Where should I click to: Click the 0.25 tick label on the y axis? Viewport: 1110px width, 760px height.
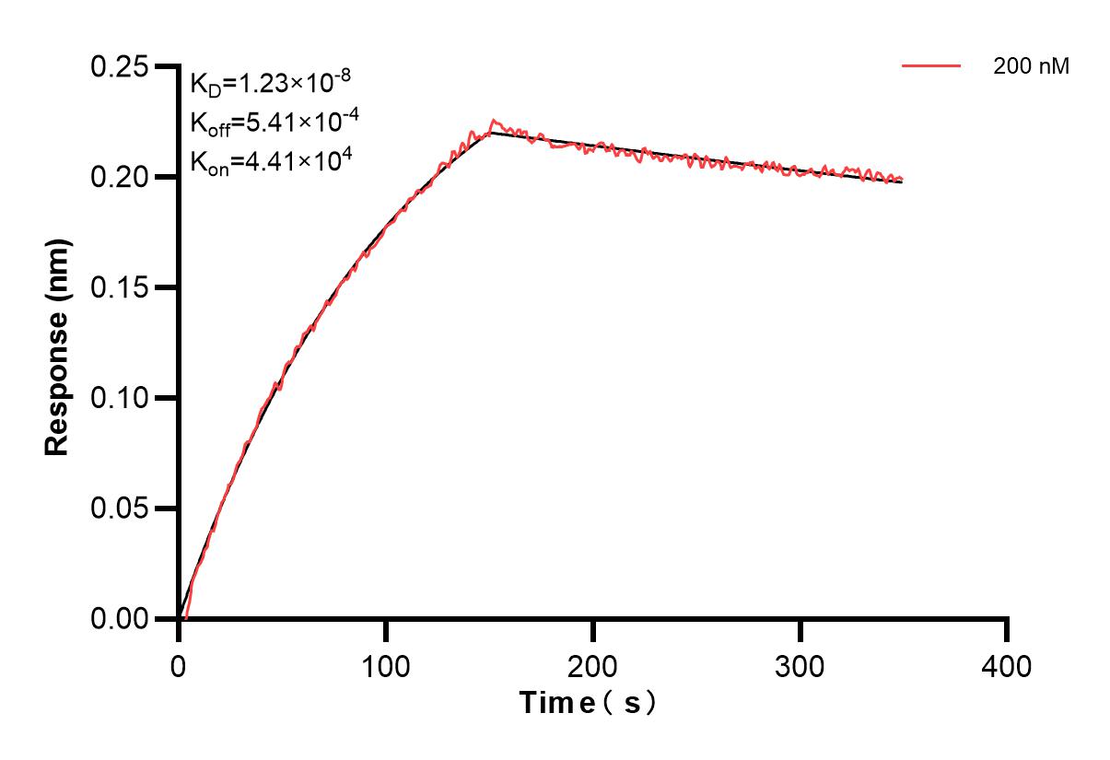click(x=119, y=67)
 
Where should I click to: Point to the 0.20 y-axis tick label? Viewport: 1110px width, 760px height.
click(x=119, y=177)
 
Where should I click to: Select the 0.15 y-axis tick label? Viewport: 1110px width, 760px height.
click(x=119, y=287)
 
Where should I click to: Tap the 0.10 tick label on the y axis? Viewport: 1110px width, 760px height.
click(x=119, y=398)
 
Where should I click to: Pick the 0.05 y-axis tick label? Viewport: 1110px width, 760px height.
click(x=119, y=509)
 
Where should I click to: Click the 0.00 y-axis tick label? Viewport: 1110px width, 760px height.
click(x=119, y=619)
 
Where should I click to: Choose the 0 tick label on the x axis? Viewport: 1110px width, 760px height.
click(x=179, y=665)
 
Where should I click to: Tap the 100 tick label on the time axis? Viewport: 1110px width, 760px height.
click(x=385, y=665)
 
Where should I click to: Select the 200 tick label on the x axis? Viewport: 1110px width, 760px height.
click(x=592, y=665)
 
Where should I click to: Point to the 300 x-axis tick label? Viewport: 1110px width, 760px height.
click(x=800, y=665)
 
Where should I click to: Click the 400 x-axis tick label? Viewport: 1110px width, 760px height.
click(x=1007, y=665)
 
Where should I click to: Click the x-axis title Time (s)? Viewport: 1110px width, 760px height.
click(x=589, y=704)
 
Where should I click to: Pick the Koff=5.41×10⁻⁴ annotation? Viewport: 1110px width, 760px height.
click(x=270, y=123)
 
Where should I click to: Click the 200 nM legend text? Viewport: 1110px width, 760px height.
click(x=1031, y=66)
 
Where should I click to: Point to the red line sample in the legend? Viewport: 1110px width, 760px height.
click(x=931, y=66)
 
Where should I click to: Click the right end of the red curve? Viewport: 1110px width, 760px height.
click(x=902, y=180)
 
